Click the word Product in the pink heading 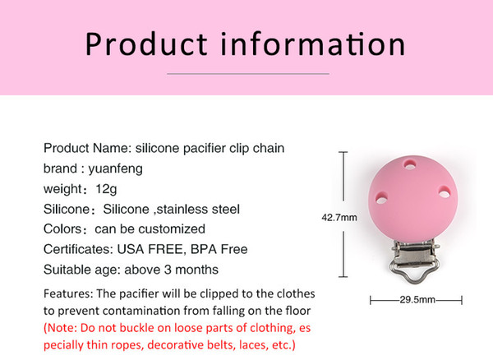click(x=146, y=44)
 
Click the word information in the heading click(x=313, y=44)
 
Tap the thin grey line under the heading click(x=248, y=74)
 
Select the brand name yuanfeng click(x=115, y=168)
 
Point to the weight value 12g click(x=106, y=189)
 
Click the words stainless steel click(x=198, y=210)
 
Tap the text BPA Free click(x=219, y=249)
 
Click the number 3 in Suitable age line click(x=168, y=270)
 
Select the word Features click(x=67, y=293)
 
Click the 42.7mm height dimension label click(x=339, y=218)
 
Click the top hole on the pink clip click(x=410, y=164)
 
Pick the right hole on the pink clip click(x=445, y=192)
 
